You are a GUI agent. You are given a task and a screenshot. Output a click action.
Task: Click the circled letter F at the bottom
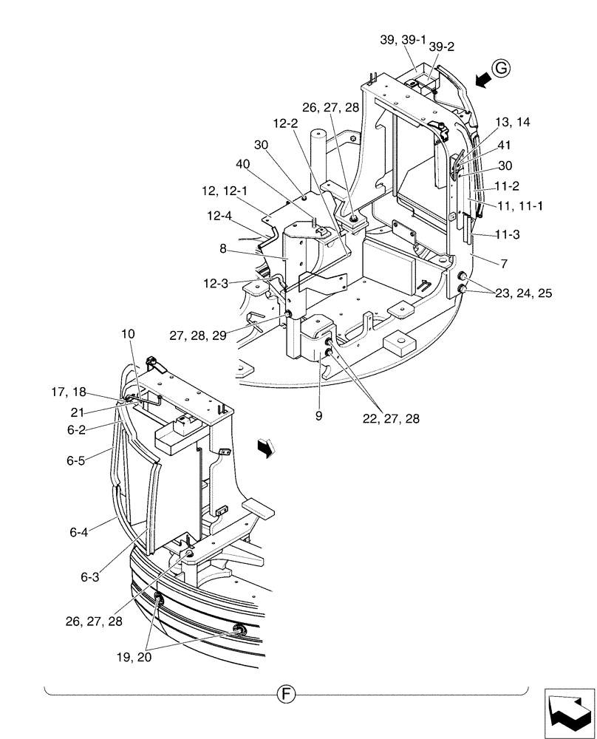tap(285, 694)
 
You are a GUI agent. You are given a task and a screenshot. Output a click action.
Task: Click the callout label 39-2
tap(442, 46)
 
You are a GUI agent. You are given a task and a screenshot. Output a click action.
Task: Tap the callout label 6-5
tap(76, 459)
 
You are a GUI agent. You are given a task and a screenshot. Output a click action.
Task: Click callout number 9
tap(318, 417)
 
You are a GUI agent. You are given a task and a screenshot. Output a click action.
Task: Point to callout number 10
tap(129, 334)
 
